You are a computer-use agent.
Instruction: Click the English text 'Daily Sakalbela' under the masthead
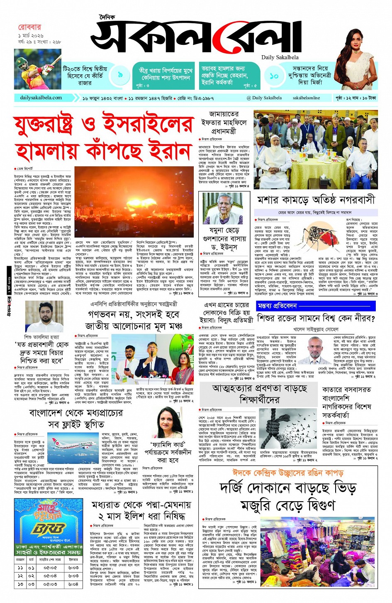[x=280, y=57]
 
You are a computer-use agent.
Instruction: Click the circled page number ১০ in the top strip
[x=274, y=76]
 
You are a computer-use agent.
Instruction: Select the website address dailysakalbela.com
[x=41, y=98]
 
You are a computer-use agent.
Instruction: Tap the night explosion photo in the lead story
[x=134, y=202]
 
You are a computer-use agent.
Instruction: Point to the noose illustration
[x=286, y=428]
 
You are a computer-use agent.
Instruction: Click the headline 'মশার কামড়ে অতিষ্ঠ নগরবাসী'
[x=316, y=200]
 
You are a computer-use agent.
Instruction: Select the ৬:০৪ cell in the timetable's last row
[x=73, y=584]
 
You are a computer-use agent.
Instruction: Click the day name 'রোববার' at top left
[x=29, y=27]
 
